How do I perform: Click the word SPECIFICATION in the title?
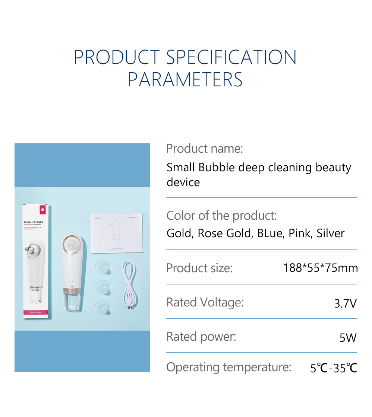231,57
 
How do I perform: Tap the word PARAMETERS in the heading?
185,79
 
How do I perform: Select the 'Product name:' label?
204,149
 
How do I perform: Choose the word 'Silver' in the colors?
331,233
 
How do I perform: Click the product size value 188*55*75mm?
320,268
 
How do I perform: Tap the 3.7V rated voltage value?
345,303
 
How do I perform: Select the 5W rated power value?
348,338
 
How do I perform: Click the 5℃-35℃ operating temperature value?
334,368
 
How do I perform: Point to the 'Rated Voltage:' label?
205,302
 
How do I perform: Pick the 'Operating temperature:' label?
228,367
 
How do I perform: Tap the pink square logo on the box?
42,210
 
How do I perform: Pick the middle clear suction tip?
103,287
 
